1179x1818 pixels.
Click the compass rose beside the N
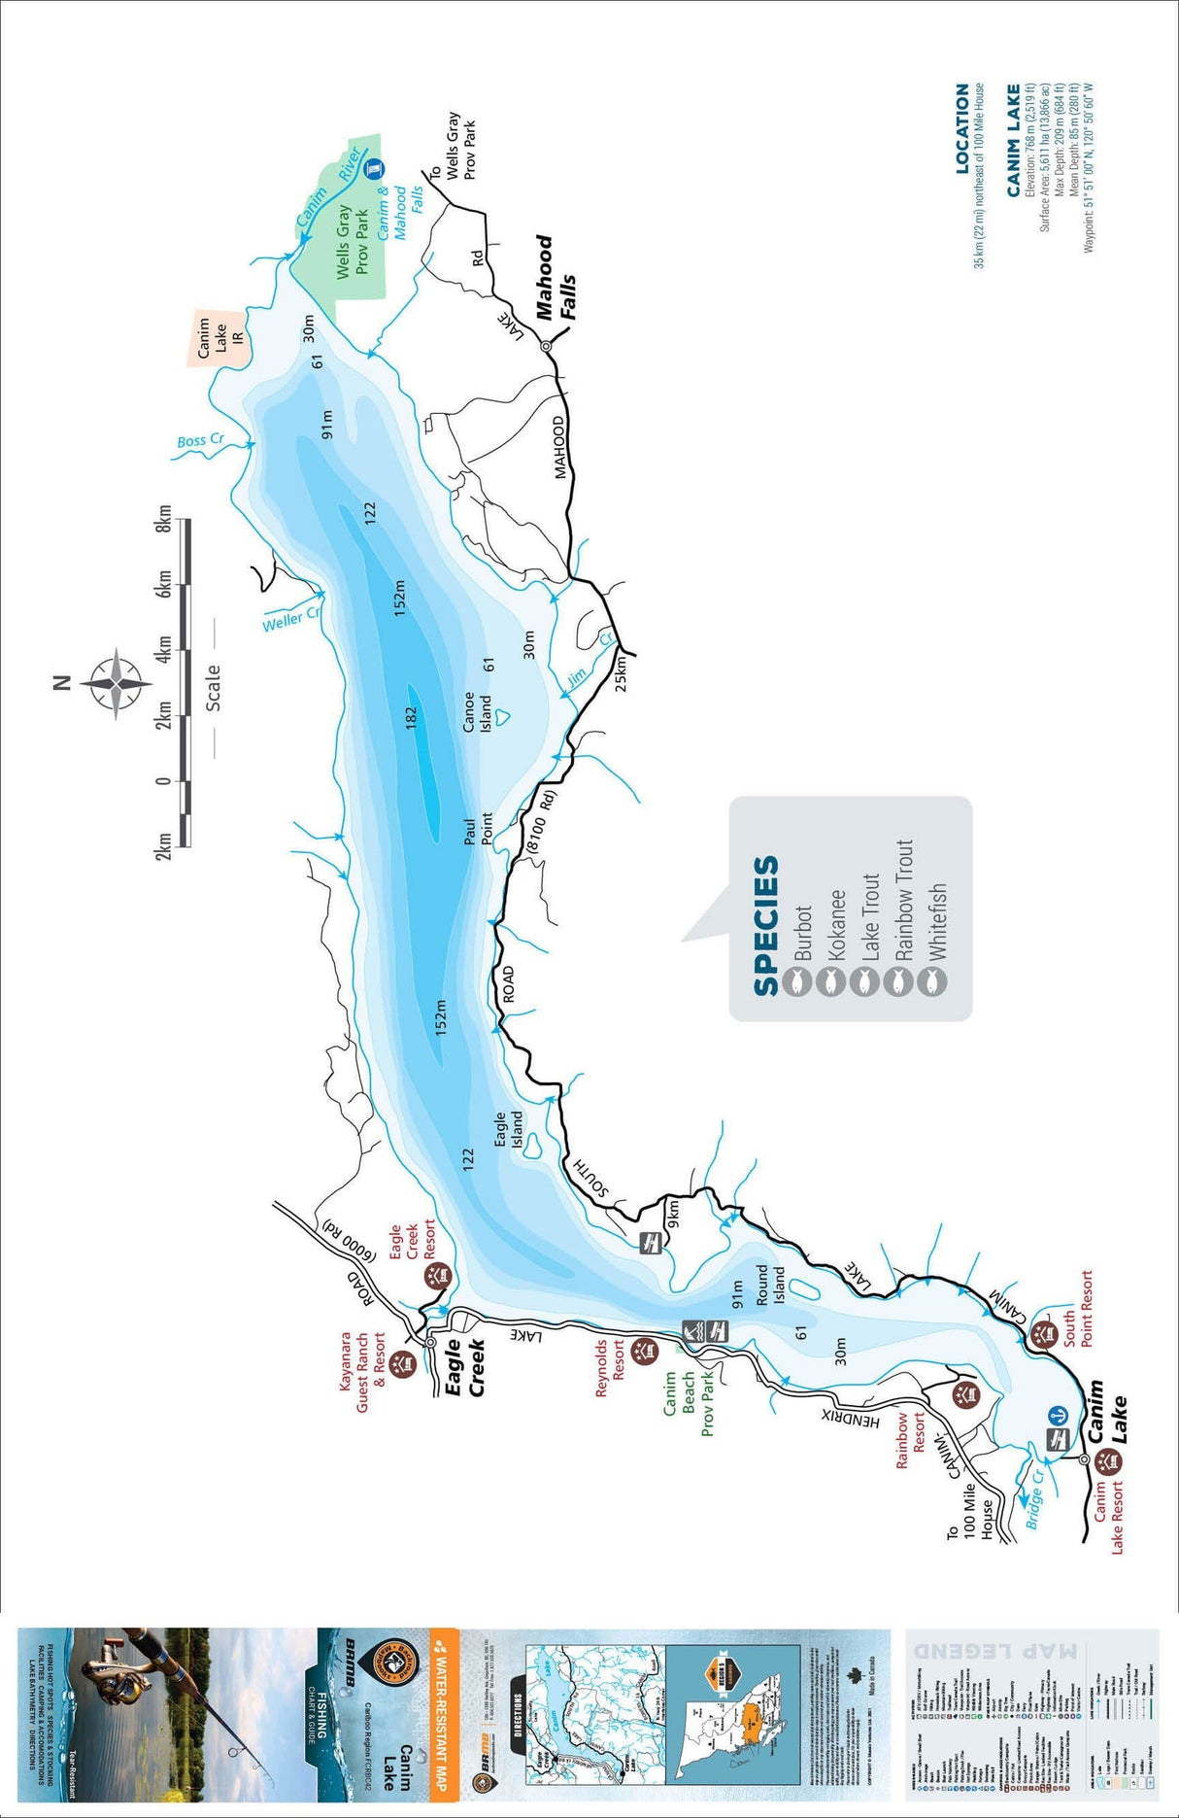tap(116, 683)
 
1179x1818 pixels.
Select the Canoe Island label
tap(477, 713)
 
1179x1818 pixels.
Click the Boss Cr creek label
tap(200, 440)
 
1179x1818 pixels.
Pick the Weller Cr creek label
tap(290, 620)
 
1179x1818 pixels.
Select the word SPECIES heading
tap(766, 925)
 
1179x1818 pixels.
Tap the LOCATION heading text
tap(962, 128)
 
